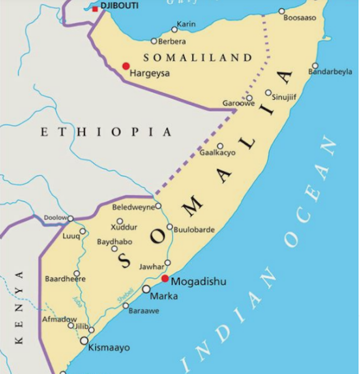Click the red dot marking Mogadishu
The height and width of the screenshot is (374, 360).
[165, 279]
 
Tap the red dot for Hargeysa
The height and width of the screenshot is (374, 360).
[126, 66]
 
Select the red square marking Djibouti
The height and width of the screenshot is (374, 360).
[95, 9]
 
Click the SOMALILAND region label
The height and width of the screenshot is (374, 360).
[198, 57]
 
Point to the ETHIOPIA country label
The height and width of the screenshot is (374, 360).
[106, 132]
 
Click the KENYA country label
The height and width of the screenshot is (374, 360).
[20, 307]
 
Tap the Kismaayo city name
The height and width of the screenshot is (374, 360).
[109, 347]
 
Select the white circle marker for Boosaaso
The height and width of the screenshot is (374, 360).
[282, 11]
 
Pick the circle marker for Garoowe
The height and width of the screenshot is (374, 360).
[249, 98]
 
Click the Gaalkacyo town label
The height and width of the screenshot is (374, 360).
[217, 153]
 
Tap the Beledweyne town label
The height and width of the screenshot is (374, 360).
[133, 207]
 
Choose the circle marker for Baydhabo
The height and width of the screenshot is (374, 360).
[115, 249]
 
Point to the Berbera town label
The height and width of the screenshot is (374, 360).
[172, 41]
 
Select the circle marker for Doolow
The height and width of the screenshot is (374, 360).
[71, 218]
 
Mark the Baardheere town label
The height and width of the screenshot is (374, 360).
[65, 279]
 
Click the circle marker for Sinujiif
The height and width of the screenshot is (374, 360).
[268, 93]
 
